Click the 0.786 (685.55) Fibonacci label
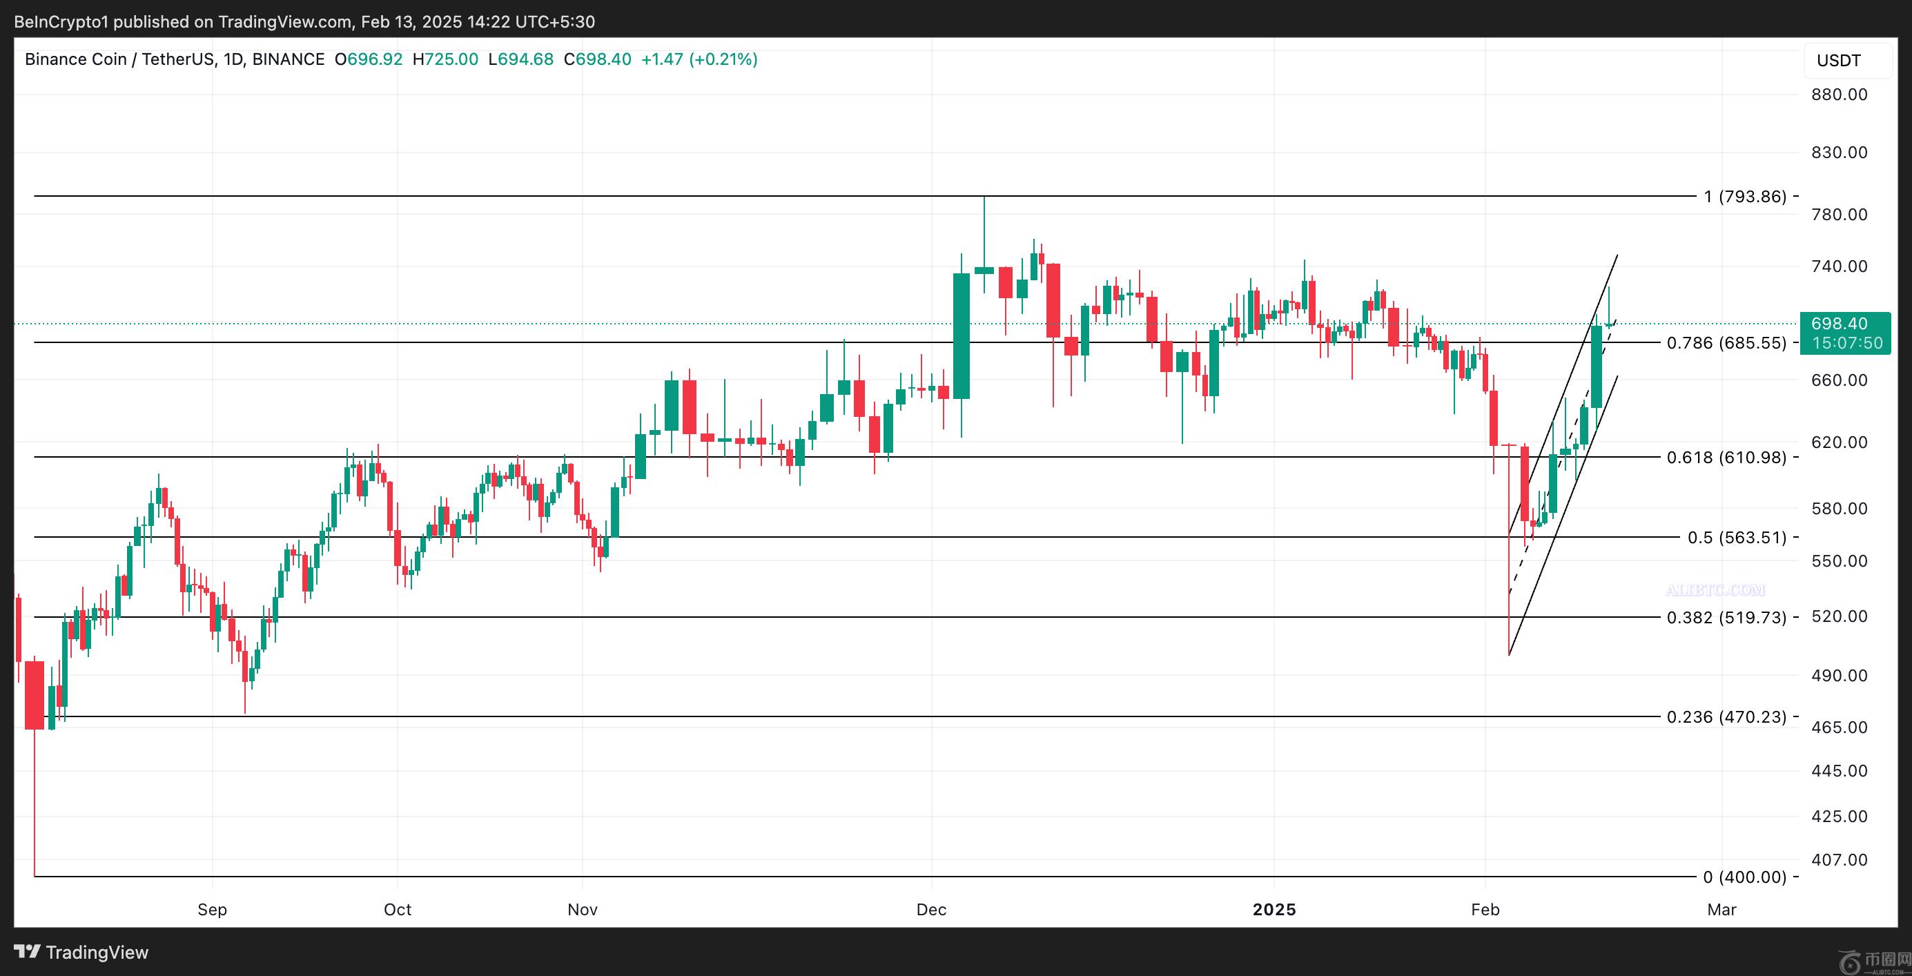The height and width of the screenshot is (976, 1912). pos(1726,343)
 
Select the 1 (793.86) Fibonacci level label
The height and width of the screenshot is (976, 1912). pos(1745,197)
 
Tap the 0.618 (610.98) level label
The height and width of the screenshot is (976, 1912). pos(1726,457)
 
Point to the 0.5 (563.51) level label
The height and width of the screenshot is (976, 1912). pos(1737,538)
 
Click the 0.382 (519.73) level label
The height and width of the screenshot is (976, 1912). pos(1726,618)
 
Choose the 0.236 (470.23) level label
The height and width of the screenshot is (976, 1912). pos(1726,717)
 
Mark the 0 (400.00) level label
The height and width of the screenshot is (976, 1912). pos(1744,877)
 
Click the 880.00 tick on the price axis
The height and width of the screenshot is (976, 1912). pos(1840,95)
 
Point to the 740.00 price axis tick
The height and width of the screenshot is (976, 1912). pos(1840,266)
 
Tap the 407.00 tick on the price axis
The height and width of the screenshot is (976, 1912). pos(1840,860)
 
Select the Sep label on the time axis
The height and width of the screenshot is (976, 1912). pos(213,910)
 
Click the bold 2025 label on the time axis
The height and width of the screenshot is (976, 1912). pos(1274,910)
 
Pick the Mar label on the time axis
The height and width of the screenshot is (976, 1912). pos(1721,910)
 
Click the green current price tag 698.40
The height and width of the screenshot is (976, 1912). pos(1845,324)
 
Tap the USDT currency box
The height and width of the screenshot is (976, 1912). pos(1840,61)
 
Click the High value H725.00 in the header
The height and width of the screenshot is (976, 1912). pos(445,59)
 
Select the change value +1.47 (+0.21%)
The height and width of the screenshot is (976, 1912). pos(699,59)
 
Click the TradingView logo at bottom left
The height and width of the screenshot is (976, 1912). pos(81,953)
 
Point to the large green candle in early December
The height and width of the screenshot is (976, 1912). pos(962,335)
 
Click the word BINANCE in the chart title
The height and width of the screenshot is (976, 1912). pos(288,59)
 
